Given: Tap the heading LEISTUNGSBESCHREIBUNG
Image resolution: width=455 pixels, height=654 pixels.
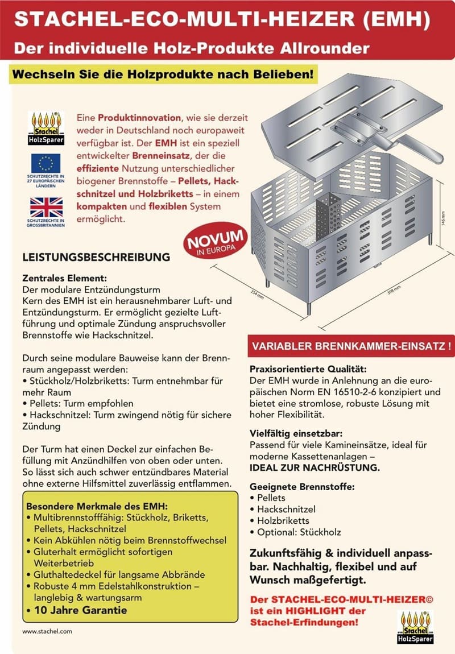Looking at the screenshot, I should click(x=96, y=257).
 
